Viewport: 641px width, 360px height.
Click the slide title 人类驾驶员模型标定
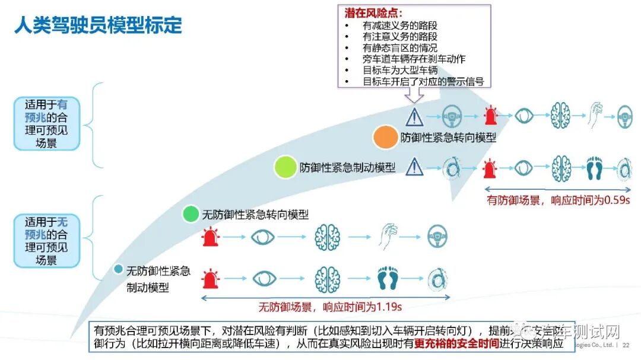coord(98,26)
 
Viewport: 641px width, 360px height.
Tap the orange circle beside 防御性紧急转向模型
coord(385,138)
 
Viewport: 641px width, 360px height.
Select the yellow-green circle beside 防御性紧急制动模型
coord(285,167)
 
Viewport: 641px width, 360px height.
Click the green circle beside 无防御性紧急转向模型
coord(191,214)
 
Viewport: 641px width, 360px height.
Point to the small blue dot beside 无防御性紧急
coord(118,270)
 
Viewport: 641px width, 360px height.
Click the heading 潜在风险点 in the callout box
coord(373,13)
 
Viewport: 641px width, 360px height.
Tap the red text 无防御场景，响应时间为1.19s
coord(329,307)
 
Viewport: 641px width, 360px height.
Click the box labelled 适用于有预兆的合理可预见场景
coord(46,123)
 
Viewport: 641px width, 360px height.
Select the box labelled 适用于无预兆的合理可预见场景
coord(46,241)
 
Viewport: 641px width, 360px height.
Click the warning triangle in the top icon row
coord(414,117)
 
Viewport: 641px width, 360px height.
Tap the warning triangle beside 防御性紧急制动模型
coord(414,167)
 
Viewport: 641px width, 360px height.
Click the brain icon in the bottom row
coord(327,278)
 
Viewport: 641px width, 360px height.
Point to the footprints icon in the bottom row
coord(389,278)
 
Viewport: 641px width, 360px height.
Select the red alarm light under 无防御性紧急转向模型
coord(210,237)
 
